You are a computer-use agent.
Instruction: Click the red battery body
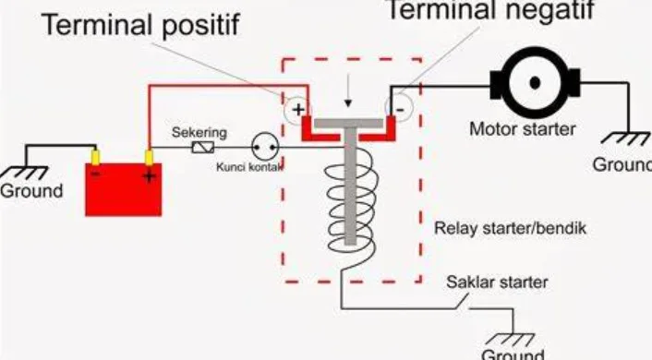[123, 189]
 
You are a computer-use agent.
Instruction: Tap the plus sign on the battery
[149, 176]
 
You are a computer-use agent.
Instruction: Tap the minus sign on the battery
[95, 172]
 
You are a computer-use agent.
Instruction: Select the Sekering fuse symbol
[202, 148]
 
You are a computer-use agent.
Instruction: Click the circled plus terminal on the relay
[297, 110]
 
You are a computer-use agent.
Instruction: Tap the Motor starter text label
[522, 129]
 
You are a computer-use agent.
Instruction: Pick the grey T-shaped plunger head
[348, 124]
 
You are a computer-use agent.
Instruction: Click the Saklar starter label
[496, 282]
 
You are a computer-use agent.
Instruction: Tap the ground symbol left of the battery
[28, 172]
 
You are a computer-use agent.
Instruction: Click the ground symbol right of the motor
[621, 143]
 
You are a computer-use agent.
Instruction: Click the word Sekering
[199, 133]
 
